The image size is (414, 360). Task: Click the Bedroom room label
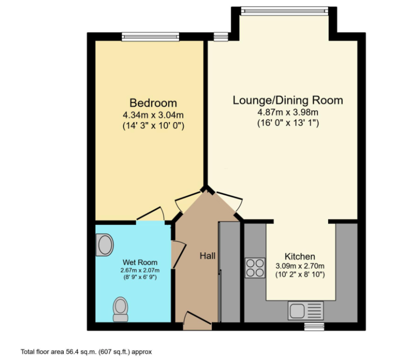(x=153, y=103)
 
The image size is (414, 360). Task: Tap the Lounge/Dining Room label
(x=288, y=100)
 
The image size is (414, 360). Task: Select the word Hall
(x=207, y=256)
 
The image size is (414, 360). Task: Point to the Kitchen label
(x=300, y=256)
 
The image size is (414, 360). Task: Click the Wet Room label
(x=140, y=262)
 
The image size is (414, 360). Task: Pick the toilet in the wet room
(x=121, y=309)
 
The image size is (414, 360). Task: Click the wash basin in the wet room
(x=105, y=245)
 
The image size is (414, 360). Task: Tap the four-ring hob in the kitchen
(x=255, y=268)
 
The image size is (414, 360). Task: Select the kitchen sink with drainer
(x=306, y=311)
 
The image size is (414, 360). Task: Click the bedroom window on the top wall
(x=150, y=37)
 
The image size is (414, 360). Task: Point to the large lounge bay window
(x=285, y=11)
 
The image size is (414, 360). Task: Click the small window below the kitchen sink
(x=314, y=327)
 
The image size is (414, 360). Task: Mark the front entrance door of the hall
(x=197, y=321)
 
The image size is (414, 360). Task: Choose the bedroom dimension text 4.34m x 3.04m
(x=153, y=115)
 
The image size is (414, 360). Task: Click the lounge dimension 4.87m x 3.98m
(x=288, y=112)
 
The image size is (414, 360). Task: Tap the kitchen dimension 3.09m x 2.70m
(x=300, y=266)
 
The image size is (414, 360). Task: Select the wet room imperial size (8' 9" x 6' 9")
(x=140, y=277)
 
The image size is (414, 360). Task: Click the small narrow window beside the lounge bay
(x=221, y=37)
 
